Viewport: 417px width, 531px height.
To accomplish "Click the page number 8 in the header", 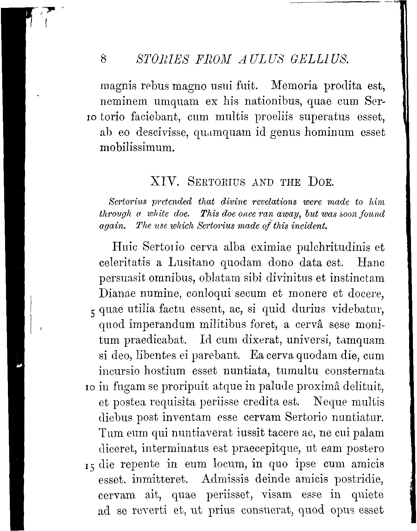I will coord(103,59).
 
